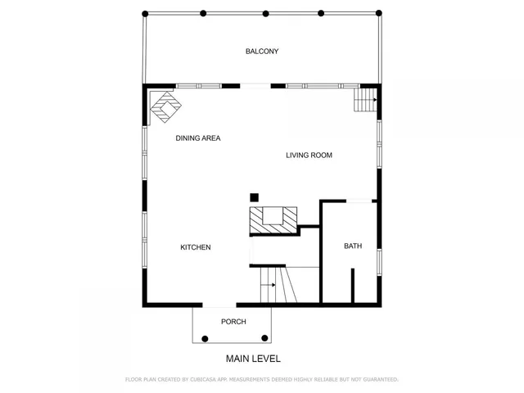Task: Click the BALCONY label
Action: point(262,52)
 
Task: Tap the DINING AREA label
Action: point(198,138)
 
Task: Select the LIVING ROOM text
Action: point(309,156)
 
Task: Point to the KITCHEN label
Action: point(196,247)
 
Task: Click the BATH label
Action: point(352,246)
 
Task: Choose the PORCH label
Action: point(233,322)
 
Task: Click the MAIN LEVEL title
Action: point(253,359)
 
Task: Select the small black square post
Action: point(255,196)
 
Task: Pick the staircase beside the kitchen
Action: point(276,287)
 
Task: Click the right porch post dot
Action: point(264,337)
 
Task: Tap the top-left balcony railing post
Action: point(145,13)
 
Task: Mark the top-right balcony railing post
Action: point(378,13)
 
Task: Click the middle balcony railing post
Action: point(265,13)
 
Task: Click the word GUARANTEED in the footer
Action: point(376,380)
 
